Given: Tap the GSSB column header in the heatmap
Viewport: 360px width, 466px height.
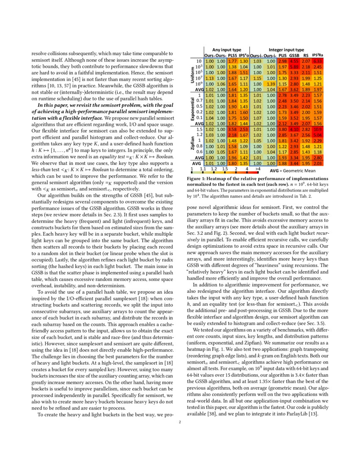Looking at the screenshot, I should (x=294, y=55).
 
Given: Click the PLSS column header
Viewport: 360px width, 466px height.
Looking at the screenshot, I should (x=233, y=55).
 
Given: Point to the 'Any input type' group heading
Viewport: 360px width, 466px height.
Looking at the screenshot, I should (x=227, y=50).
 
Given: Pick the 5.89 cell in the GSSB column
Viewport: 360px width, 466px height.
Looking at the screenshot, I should (x=294, y=67).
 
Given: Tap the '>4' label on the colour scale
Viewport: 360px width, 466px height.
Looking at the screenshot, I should (x=258, y=169).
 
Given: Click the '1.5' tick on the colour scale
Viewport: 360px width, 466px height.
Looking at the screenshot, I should (x=224, y=169).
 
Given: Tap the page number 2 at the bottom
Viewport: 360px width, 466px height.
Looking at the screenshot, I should (x=180, y=422).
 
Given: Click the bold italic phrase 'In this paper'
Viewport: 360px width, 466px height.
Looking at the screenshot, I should (x=53, y=105).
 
